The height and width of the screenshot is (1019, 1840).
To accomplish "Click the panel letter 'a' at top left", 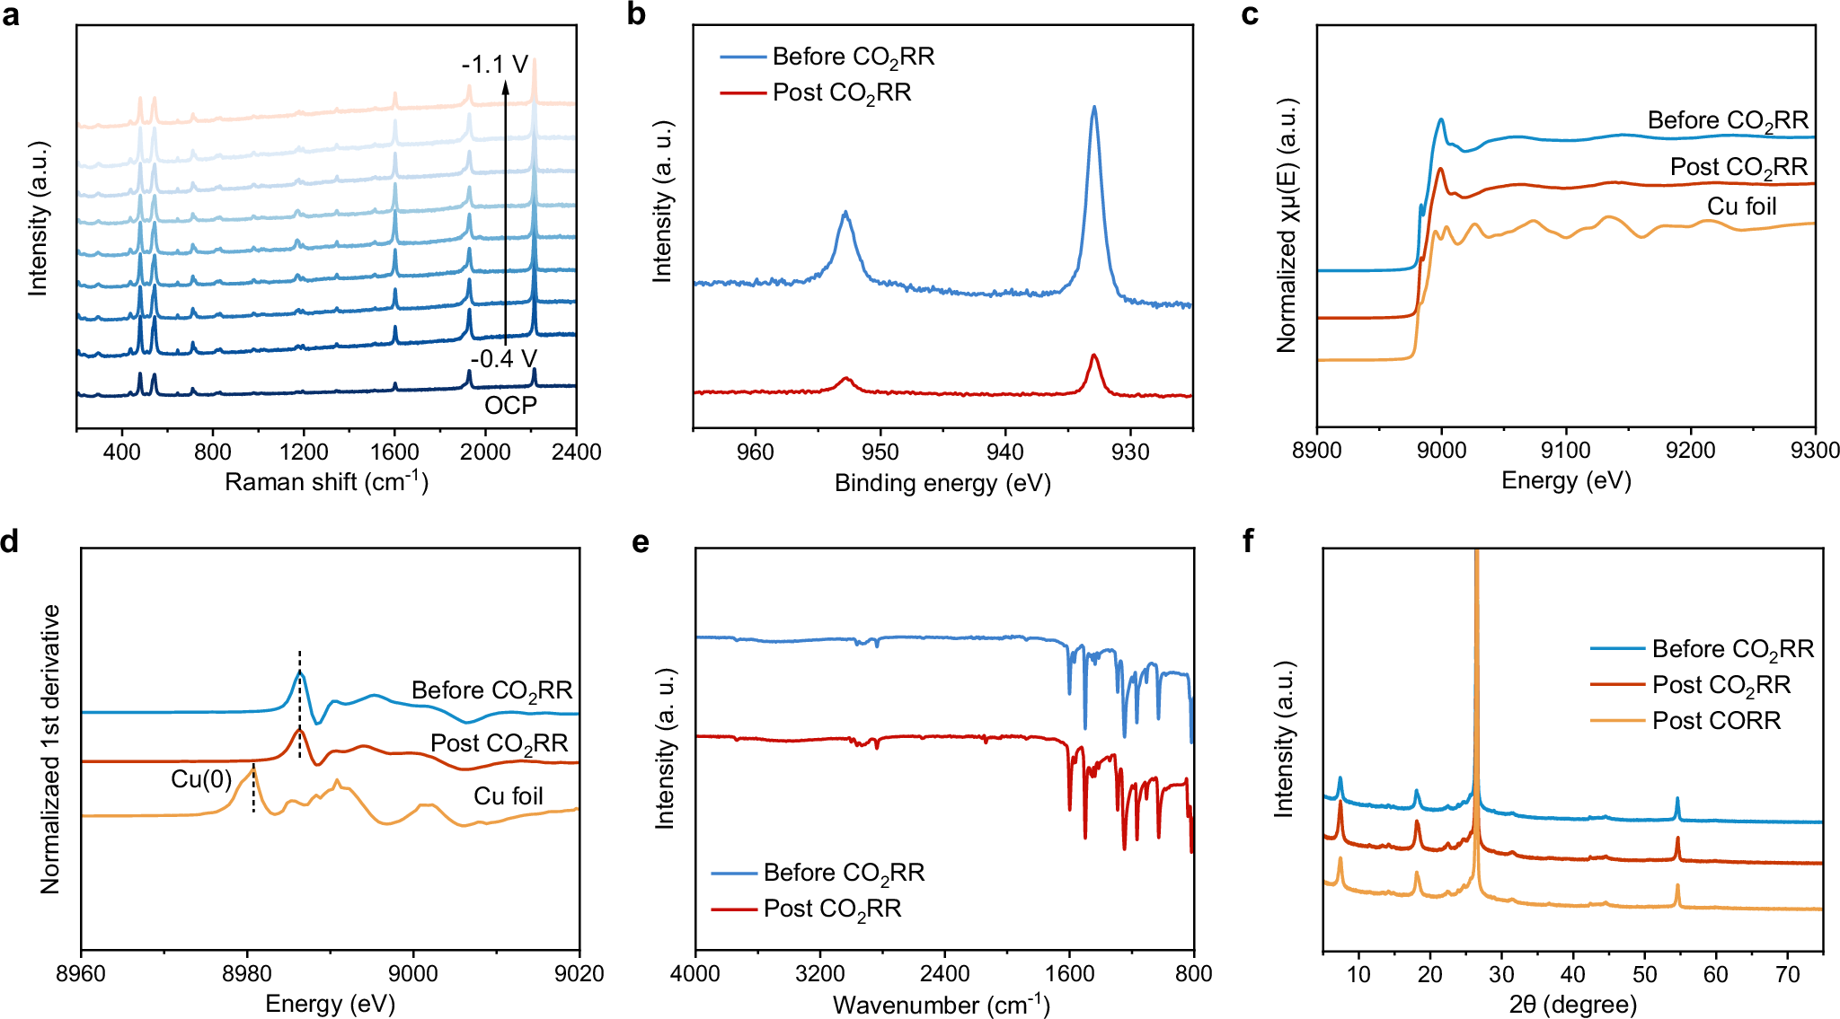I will pyautogui.click(x=10, y=15).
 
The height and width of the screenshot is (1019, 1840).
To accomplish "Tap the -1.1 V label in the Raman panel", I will pyautogui.click(x=494, y=65).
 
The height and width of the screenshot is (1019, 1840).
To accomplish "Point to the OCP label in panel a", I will pyautogui.click(x=510, y=406).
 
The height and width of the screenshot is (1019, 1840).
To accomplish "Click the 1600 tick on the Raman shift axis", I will pyautogui.click(x=394, y=452).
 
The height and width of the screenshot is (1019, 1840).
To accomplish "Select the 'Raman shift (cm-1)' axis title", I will pyautogui.click(x=326, y=482).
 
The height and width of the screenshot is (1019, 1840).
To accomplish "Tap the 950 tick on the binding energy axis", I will pyautogui.click(x=880, y=452).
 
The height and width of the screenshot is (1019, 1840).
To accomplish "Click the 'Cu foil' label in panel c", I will pyautogui.click(x=1741, y=206).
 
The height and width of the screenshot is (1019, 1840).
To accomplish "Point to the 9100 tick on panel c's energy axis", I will pyautogui.click(x=1566, y=451).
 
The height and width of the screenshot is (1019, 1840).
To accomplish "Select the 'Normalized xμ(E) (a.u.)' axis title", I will pyautogui.click(x=1287, y=224).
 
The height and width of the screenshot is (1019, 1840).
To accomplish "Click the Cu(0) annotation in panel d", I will pyautogui.click(x=201, y=779).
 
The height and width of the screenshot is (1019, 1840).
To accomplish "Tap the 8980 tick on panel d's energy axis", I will pyautogui.click(x=247, y=973).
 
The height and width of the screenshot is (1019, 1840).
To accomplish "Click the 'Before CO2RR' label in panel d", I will pyautogui.click(x=491, y=690).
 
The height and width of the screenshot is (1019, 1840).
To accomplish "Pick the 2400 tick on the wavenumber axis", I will pyautogui.click(x=944, y=973).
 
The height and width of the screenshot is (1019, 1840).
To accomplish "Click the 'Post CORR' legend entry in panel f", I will pyautogui.click(x=1715, y=721).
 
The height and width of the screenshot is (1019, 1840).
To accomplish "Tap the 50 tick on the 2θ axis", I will pyautogui.click(x=1644, y=974).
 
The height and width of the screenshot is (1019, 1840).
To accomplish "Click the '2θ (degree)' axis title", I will pyautogui.click(x=1572, y=1004).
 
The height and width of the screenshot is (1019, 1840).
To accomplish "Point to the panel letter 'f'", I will pyautogui.click(x=1248, y=541).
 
